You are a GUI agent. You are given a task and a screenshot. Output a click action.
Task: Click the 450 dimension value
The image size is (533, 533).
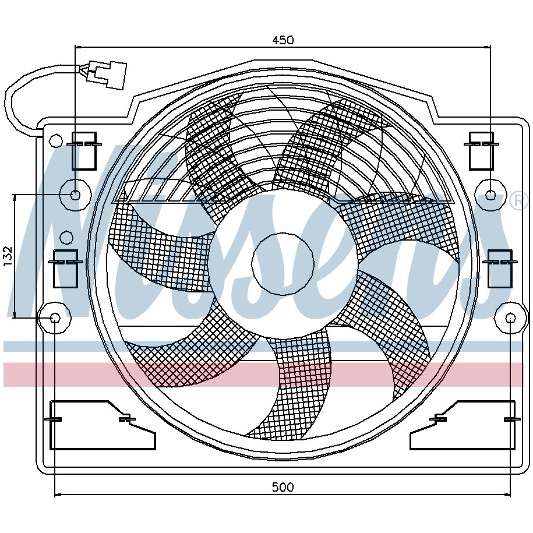(x=283, y=40)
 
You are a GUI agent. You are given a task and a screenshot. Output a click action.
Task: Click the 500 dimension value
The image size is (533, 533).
(x=283, y=488)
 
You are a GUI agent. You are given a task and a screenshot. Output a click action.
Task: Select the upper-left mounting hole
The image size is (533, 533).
(x=75, y=195)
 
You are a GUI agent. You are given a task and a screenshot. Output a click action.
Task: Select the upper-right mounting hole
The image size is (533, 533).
(x=490, y=195)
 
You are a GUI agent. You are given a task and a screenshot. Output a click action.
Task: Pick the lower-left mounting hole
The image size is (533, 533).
(x=55, y=318)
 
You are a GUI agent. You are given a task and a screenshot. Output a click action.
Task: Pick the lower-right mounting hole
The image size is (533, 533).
(x=510, y=318)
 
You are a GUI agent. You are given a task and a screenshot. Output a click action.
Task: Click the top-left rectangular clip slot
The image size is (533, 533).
(x=84, y=151)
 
